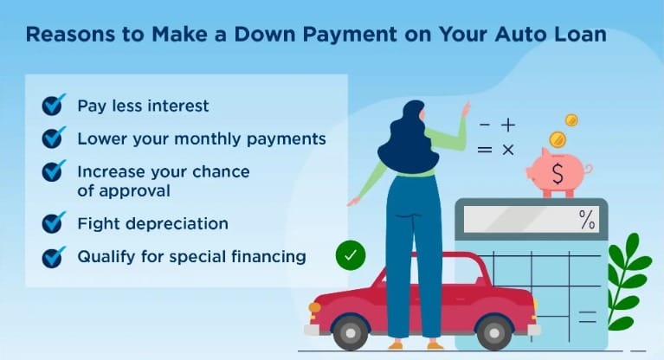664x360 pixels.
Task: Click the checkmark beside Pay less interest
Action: click(x=54, y=105)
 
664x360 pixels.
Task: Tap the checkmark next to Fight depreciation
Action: click(x=54, y=222)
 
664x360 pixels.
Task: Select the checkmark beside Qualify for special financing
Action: click(x=54, y=257)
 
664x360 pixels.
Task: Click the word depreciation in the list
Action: click(x=174, y=223)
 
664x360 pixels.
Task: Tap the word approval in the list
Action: click(x=135, y=191)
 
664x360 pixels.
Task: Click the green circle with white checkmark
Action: click(x=351, y=255)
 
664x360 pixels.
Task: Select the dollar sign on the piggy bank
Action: click(x=558, y=174)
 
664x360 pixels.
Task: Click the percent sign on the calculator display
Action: click(x=587, y=220)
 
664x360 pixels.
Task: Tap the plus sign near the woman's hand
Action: click(x=508, y=125)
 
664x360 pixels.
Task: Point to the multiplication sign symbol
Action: click(x=508, y=150)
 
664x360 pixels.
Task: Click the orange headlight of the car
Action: click(x=314, y=307)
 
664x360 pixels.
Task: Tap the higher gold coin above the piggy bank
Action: click(x=571, y=120)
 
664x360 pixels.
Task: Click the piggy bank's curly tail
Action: click(x=588, y=170)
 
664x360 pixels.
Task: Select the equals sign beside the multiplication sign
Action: click(x=485, y=150)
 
